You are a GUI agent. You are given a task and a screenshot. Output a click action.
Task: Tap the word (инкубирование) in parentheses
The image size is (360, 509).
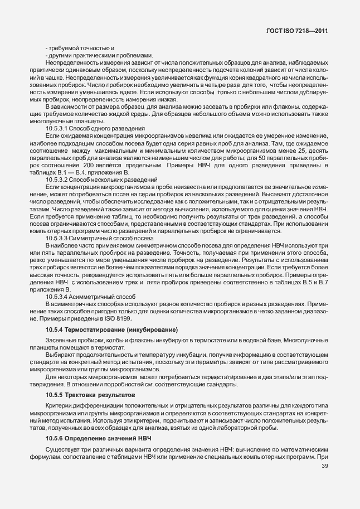pos(145,331)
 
